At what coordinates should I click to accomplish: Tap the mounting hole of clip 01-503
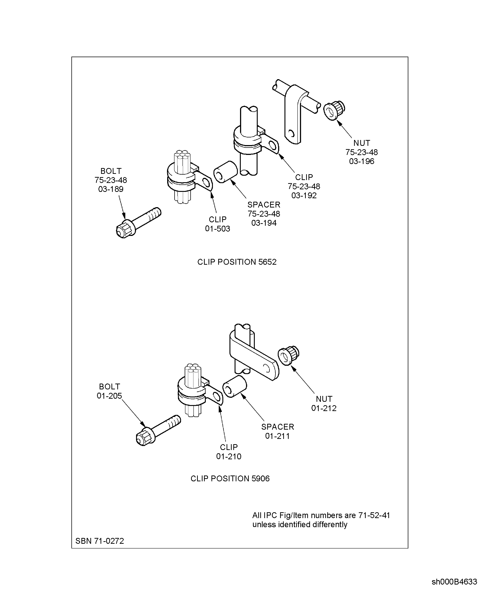206,183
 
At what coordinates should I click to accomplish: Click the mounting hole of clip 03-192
272,145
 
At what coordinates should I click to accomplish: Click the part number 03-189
111,189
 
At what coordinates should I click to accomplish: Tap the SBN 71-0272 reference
100,541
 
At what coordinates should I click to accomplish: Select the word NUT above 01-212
324,399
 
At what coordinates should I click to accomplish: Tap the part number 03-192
304,196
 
